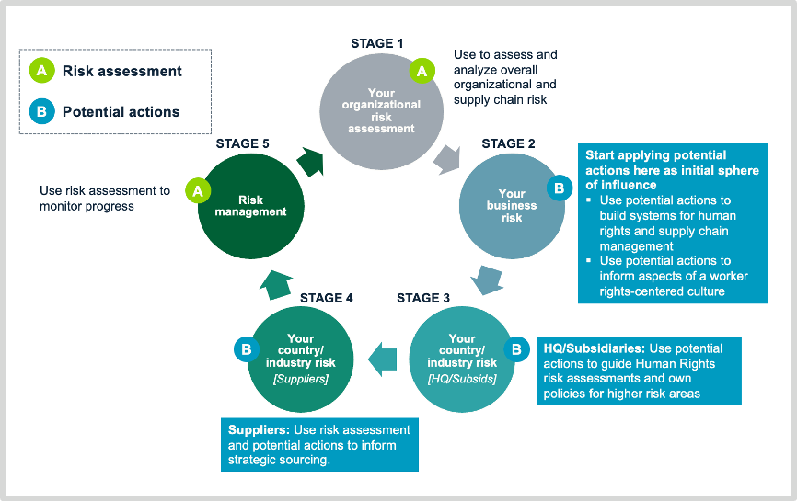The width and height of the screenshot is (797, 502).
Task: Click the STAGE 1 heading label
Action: click(x=377, y=43)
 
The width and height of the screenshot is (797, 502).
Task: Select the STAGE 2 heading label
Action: click(x=508, y=143)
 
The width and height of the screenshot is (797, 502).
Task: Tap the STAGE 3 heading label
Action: click(x=423, y=298)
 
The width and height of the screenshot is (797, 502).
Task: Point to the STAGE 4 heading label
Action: click(x=327, y=298)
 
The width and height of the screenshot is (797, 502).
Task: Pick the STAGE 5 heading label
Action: click(x=243, y=143)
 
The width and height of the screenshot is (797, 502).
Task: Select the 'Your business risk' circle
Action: click(x=512, y=207)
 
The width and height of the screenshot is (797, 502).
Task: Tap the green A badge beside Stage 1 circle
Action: click(x=422, y=70)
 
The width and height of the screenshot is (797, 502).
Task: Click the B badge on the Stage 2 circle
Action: click(x=558, y=188)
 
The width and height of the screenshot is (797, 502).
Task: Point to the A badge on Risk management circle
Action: click(x=195, y=190)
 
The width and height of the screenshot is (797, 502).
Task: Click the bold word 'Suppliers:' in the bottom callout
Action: click(x=259, y=429)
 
